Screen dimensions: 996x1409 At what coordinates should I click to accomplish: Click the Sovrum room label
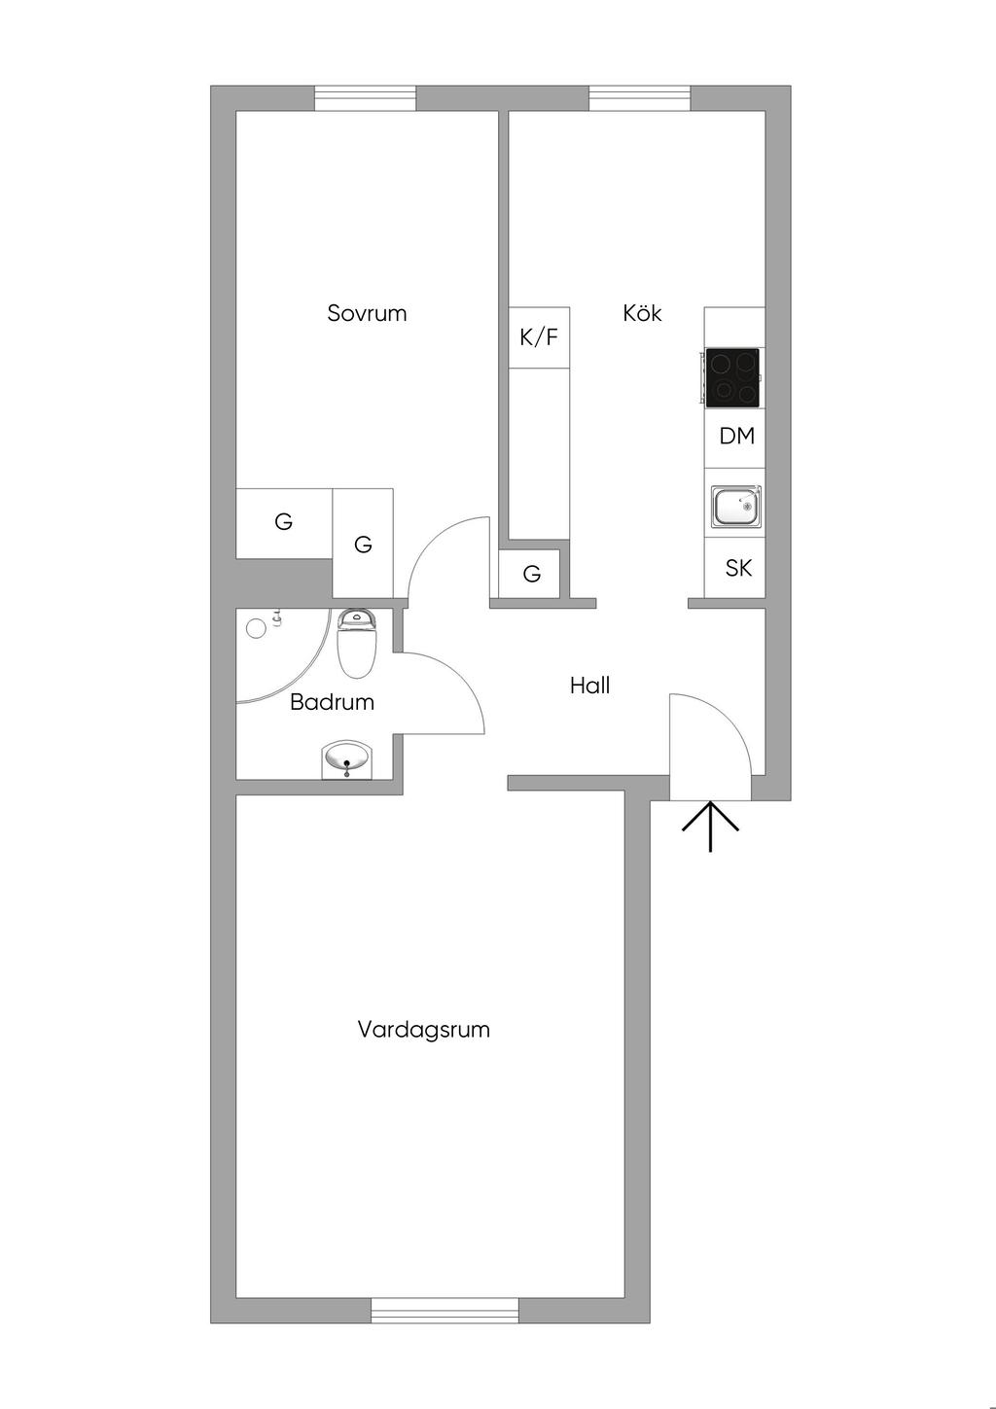click(367, 313)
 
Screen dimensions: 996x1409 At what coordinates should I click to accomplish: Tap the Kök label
click(642, 313)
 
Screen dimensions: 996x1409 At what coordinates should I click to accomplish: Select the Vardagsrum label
click(423, 1029)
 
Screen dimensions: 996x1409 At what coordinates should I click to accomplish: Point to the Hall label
click(589, 686)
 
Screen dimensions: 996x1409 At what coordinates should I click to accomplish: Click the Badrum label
click(332, 702)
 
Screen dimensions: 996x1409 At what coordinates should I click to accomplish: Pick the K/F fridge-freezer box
click(539, 337)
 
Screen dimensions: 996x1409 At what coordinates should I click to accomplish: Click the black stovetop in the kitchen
click(732, 376)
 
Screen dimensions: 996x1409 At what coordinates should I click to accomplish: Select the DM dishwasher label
click(736, 436)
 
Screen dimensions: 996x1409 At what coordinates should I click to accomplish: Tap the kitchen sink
click(736, 507)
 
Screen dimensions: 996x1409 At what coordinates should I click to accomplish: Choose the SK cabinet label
click(738, 568)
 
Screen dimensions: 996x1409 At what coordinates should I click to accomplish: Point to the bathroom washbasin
click(346, 758)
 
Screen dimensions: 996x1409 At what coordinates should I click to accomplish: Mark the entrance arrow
click(710, 826)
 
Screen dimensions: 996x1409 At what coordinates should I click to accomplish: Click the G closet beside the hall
click(531, 574)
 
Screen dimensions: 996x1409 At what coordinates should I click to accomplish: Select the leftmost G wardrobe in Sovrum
click(284, 522)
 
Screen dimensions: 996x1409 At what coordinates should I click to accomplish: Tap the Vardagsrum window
click(445, 1310)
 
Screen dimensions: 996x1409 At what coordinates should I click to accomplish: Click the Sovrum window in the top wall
click(365, 98)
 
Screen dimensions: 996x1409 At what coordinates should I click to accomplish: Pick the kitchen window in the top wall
click(639, 98)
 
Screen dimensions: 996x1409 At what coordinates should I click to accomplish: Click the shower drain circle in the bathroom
click(256, 628)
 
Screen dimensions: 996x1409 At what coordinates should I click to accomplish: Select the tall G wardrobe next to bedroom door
click(363, 544)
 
